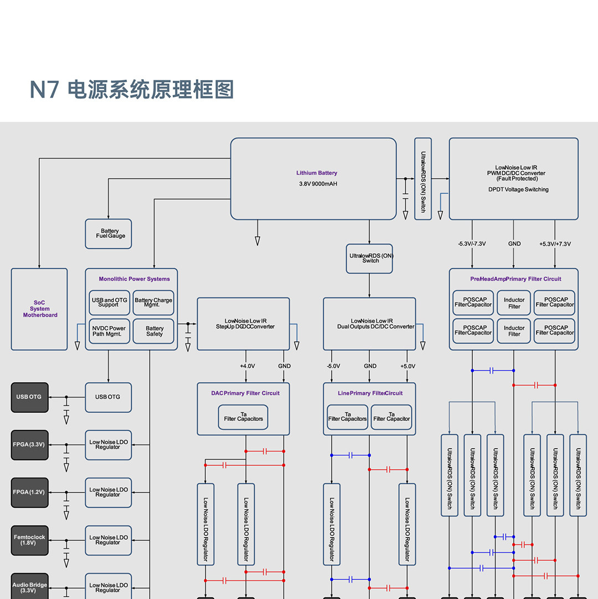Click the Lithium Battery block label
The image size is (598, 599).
pyautogui.click(x=317, y=173)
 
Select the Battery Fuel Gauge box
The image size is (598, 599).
pyautogui.click(x=109, y=233)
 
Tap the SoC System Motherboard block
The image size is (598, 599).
pyautogui.click(x=39, y=309)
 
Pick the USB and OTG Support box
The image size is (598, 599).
pyautogui.click(x=109, y=303)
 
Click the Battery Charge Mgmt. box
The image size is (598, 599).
pyautogui.click(x=153, y=303)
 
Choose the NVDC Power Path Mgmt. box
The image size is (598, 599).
pyautogui.click(x=109, y=331)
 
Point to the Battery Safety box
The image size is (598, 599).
pyautogui.click(x=153, y=331)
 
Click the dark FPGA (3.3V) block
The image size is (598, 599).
pyautogui.click(x=29, y=445)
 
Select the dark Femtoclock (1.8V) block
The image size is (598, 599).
pyautogui.click(x=29, y=540)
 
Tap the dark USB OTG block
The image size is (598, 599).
pyautogui.click(x=29, y=397)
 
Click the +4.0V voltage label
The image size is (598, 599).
pyautogui.click(x=248, y=366)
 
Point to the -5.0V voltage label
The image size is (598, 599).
pyautogui.click(x=333, y=366)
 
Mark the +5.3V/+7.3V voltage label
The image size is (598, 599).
pyautogui.click(x=555, y=244)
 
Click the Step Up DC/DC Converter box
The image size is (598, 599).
pyautogui.click(x=243, y=324)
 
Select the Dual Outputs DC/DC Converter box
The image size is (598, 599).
pyautogui.click(x=369, y=324)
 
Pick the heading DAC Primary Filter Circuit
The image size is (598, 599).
pyautogui.click(x=245, y=393)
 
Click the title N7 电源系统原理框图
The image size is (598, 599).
pyautogui.click(x=132, y=90)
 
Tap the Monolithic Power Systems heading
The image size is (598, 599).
pyautogui.click(x=135, y=279)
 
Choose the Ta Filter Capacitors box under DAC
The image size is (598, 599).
pyautogui.click(x=244, y=416)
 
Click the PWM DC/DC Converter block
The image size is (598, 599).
pyautogui.click(x=513, y=178)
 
